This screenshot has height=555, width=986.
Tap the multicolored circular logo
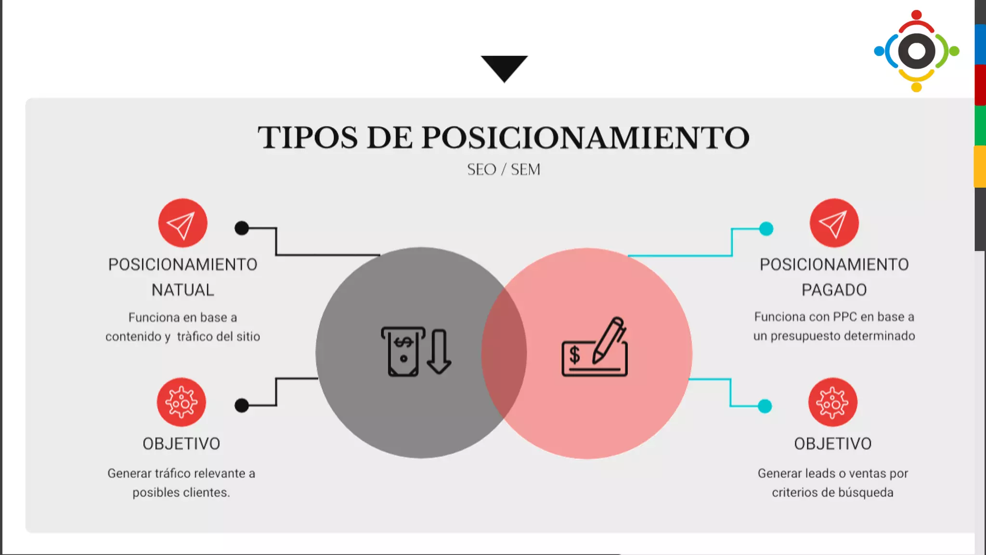(x=916, y=51)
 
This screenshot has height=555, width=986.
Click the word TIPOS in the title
(x=308, y=138)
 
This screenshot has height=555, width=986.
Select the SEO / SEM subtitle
(x=504, y=170)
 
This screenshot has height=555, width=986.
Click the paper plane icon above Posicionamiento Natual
(x=182, y=223)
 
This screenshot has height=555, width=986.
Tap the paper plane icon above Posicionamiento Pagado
(x=834, y=223)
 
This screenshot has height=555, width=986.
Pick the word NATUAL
(x=182, y=290)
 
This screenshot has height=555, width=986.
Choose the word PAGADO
(x=834, y=290)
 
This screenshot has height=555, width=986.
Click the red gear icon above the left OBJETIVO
(x=181, y=402)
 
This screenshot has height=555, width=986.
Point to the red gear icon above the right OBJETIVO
(x=832, y=402)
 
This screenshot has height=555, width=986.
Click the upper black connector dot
(x=242, y=228)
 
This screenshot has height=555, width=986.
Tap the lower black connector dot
(x=242, y=406)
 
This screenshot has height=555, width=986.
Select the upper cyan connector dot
(x=766, y=228)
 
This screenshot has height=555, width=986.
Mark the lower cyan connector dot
(x=765, y=406)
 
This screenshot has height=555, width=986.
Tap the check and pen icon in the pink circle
(x=595, y=348)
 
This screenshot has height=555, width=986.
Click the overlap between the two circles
(x=504, y=353)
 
